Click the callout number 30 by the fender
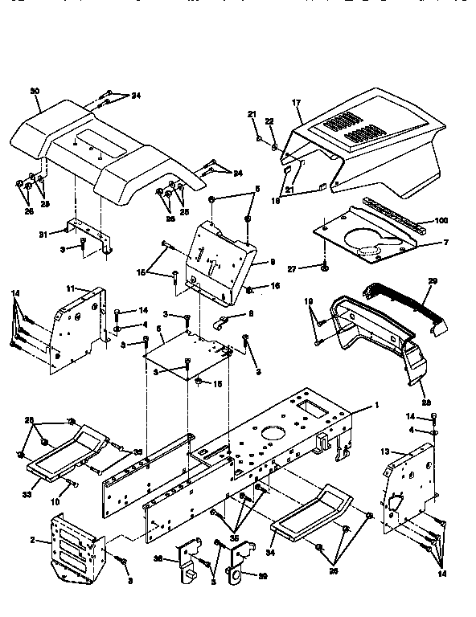tap(34, 91)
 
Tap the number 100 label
tap(441, 220)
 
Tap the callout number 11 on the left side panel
tap(70, 287)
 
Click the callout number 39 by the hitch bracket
tap(261, 574)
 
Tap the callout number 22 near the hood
tap(269, 121)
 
